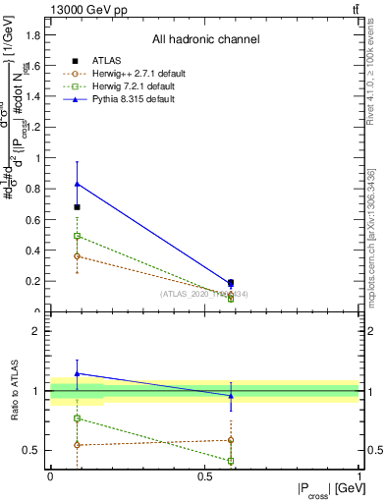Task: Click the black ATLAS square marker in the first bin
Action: coord(78,207)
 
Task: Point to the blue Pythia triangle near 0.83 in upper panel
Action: coord(78,184)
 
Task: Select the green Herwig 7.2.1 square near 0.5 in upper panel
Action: coord(78,236)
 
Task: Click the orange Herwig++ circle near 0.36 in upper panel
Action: coord(78,256)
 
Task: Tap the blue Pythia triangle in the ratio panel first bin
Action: coord(78,373)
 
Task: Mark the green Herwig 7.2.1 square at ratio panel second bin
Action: coord(231,461)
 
